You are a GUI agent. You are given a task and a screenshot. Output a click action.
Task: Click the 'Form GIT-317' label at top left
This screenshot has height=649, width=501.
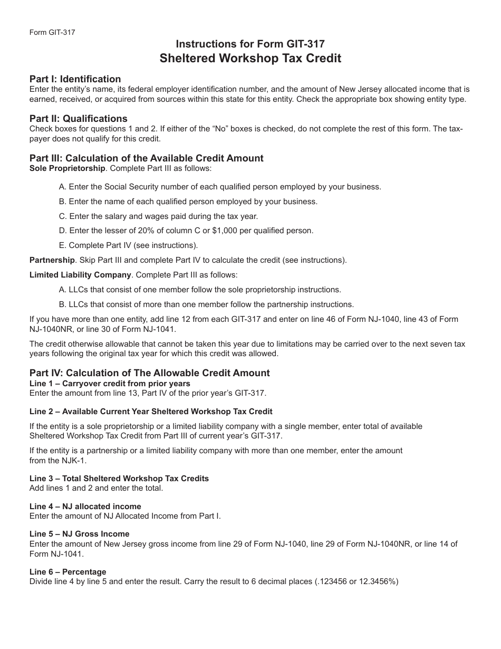click(52, 32)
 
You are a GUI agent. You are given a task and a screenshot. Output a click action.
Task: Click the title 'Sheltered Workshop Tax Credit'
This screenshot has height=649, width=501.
click(250, 58)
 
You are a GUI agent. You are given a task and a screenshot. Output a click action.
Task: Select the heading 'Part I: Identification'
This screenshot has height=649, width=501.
click(75, 79)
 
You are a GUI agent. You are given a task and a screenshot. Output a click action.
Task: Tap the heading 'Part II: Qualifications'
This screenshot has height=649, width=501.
click(78, 119)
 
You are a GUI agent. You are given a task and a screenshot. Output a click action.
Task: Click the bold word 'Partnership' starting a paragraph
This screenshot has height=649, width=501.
click(52, 260)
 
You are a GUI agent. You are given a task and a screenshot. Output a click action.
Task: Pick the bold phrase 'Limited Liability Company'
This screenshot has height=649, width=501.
click(80, 275)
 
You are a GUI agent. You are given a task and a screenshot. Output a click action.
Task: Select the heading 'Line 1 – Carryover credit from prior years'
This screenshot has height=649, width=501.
click(110, 384)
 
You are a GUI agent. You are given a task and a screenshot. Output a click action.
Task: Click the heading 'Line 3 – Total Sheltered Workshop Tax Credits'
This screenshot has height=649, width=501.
click(119, 479)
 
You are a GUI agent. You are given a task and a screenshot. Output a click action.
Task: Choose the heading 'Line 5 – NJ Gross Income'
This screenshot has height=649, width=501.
click(79, 534)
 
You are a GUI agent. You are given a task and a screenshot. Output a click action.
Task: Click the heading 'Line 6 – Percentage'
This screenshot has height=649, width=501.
click(68, 572)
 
